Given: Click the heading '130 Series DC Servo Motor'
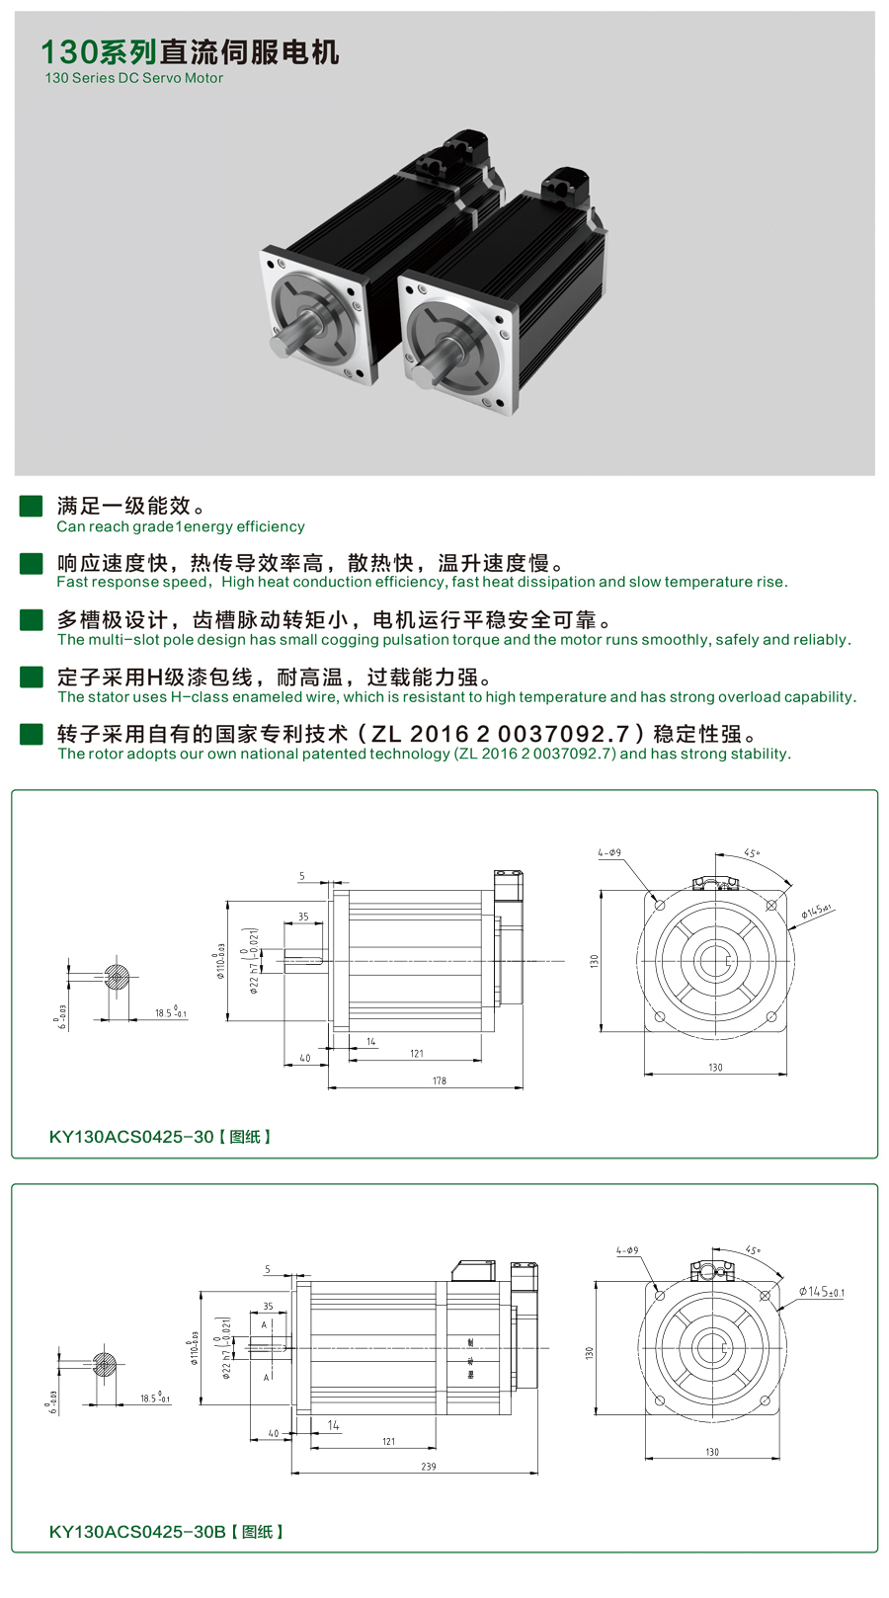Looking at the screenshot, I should click(x=133, y=78).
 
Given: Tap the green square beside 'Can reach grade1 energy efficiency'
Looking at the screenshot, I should click(x=32, y=507).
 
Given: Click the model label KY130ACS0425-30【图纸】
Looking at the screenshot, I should click(x=160, y=1137).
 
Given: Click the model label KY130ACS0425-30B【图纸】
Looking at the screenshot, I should click(x=166, y=1532).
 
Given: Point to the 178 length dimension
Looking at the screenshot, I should click(x=439, y=1080).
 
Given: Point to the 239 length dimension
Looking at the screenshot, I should click(x=428, y=1467).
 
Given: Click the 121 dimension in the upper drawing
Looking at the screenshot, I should click(x=417, y=1054).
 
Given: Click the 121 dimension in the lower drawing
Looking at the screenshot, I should click(x=388, y=1442).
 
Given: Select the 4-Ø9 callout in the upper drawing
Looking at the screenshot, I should click(x=609, y=852).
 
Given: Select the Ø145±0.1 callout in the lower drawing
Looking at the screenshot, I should click(x=821, y=1292).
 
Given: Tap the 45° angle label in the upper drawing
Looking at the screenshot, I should click(x=752, y=853).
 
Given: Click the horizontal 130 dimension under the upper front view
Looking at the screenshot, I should click(x=715, y=1068).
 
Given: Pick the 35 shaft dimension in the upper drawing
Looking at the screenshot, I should click(x=303, y=917).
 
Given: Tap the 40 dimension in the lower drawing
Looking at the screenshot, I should click(x=274, y=1433).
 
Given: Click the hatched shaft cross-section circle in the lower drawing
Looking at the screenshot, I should click(x=105, y=1366).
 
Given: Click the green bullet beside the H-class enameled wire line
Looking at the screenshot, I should click(x=32, y=678).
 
